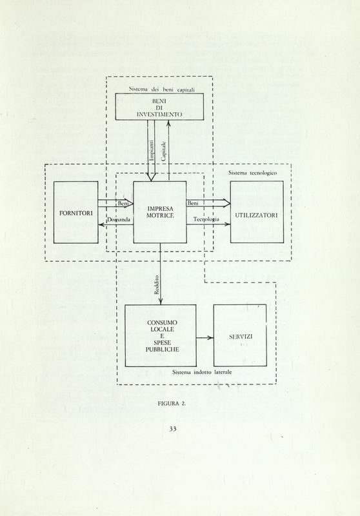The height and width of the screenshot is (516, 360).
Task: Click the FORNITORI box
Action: (x=75, y=212)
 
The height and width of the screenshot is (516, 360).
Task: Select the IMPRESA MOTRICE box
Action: (x=160, y=212)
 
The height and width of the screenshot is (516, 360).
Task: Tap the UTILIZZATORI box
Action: (x=257, y=212)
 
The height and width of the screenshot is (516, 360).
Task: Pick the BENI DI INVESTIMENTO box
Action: (x=159, y=106)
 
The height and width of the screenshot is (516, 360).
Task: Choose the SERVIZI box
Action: (x=240, y=335)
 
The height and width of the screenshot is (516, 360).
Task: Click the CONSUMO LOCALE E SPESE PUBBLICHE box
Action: (x=161, y=335)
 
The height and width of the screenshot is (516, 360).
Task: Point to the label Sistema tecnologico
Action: (x=252, y=173)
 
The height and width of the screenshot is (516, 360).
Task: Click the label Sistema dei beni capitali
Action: (x=161, y=89)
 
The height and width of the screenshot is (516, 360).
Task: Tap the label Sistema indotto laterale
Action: (x=202, y=372)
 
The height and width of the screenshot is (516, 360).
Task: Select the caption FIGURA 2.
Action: (x=172, y=404)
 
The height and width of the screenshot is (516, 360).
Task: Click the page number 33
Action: (x=173, y=428)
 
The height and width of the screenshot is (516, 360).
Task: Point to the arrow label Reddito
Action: (x=157, y=284)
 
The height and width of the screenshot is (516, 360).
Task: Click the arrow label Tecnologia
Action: (x=206, y=219)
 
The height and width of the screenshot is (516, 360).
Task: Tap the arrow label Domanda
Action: (x=119, y=219)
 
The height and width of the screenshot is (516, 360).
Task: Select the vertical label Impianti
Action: (x=152, y=150)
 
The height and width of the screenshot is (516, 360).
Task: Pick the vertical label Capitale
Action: (x=163, y=151)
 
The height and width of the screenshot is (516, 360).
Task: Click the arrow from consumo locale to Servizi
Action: (x=205, y=337)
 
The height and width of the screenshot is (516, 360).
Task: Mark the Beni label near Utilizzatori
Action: (x=193, y=203)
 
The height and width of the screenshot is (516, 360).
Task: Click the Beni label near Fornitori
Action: (x=123, y=204)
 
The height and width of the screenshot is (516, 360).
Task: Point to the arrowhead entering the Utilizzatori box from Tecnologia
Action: (x=228, y=224)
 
